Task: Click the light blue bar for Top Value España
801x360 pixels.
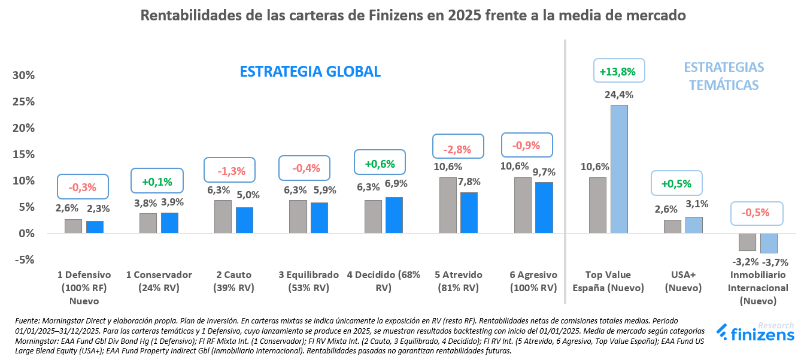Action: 619,169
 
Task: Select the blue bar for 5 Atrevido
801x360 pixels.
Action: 469,213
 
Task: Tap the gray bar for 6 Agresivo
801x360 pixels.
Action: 523,205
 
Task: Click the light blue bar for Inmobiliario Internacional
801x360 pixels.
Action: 769,243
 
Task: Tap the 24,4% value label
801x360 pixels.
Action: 619,95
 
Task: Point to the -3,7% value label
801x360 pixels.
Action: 775,262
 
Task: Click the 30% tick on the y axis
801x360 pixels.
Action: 23,75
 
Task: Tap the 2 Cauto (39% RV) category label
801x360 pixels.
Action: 233,281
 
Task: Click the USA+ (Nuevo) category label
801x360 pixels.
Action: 683,281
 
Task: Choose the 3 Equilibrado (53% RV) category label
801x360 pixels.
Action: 308,281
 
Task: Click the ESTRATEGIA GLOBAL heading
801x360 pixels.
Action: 310,71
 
